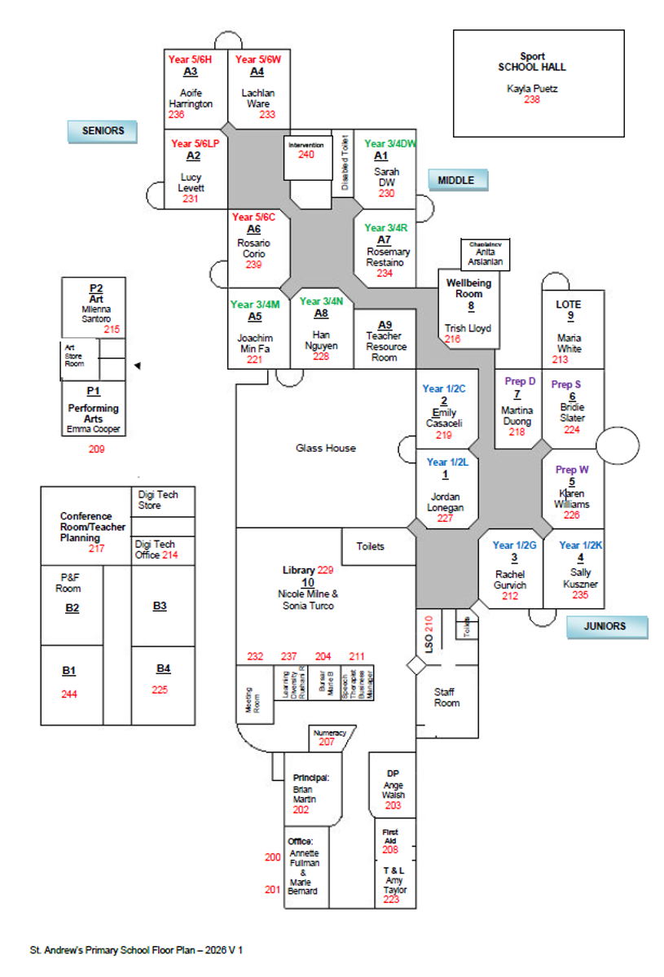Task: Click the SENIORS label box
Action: [x=103, y=130]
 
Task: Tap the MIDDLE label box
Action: [x=457, y=180]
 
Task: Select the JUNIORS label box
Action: [x=607, y=626]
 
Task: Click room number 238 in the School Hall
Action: [x=532, y=100]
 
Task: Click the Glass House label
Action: [x=325, y=448]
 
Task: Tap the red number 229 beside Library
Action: [x=326, y=570]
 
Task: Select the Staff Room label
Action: [x=446, y=698]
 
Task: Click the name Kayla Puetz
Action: [x=532, y=88]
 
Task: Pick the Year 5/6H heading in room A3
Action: [x=190, y=59]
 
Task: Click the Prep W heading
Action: [x=572, y=470]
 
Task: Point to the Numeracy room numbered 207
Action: [x=327, y=738]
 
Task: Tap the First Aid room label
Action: [x=390, y=837]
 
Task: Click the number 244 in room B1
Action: [x=69, y=694]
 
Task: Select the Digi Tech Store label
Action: [x=156, y=500]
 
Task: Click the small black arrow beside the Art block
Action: [x=138, y=366]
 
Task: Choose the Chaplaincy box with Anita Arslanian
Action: [x=485, y=253]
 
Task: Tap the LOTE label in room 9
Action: [x=569, y=304]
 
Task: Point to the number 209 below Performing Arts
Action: [x=97, y=448]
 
